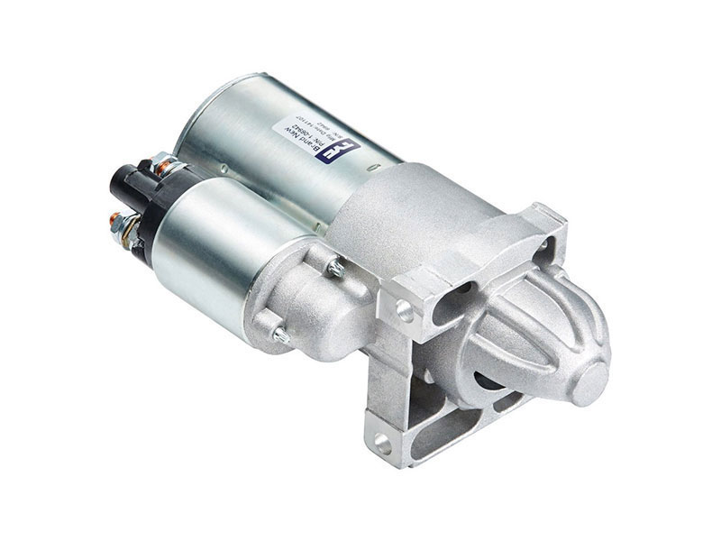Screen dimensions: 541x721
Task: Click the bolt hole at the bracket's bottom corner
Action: [x=382, y=442]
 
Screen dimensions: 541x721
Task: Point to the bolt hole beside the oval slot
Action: [x=404, y=311]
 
